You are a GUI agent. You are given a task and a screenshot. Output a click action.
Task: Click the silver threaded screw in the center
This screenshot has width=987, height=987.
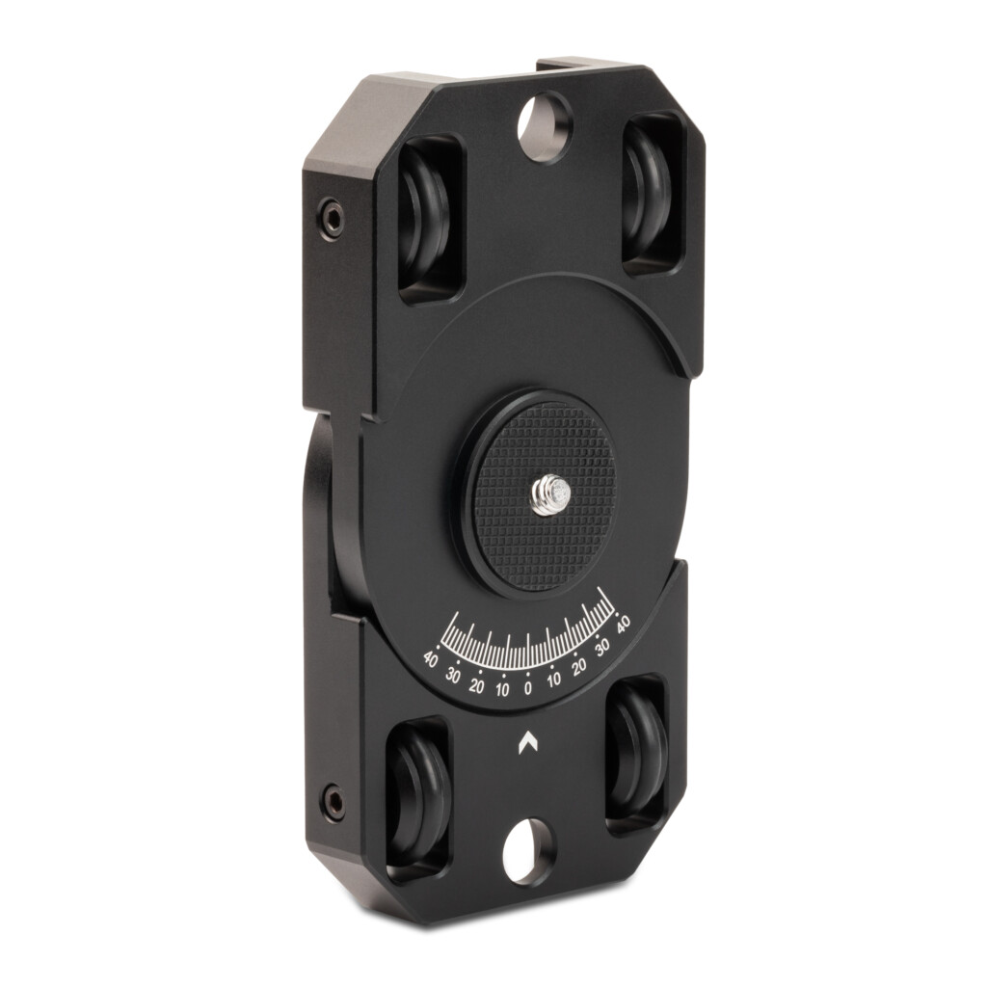coord(550,493)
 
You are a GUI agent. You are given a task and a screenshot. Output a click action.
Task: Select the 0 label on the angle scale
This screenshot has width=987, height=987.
coord(527,688)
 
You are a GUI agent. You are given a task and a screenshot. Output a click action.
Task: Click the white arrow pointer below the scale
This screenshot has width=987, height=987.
coord(527,742)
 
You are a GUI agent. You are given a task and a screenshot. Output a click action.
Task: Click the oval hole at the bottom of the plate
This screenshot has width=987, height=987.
coord(529,851)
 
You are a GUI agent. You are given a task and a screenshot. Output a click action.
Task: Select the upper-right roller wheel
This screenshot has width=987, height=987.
coord(650,193)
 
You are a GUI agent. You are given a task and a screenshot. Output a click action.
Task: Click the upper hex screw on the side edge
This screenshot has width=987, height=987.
coord(332,219)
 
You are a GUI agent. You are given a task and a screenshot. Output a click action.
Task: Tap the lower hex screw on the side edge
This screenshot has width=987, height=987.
coord(333,801)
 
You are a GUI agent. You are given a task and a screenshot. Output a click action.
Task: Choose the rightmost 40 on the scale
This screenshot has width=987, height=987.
coord(624,624)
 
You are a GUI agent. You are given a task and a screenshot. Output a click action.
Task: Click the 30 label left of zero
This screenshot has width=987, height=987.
coord(453,675)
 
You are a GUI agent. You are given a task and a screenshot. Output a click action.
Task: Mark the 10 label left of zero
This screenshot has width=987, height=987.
coord(502,688)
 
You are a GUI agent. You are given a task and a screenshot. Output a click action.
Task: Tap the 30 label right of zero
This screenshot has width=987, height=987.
coord(603,649)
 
